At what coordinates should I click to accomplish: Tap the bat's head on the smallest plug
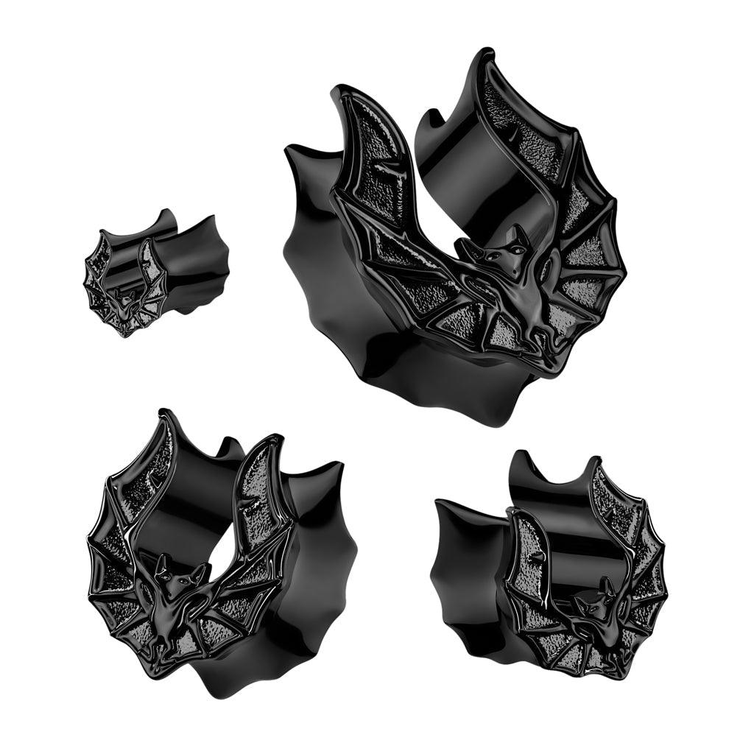pos(130,299)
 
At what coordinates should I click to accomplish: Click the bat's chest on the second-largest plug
pos(177,611)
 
